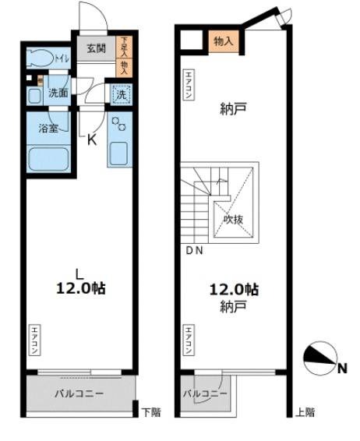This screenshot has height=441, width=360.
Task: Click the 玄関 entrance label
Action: tap(96, 48)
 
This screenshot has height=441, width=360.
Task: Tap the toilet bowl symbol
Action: tap(38, 56)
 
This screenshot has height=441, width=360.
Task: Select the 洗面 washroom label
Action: tap(57, 93)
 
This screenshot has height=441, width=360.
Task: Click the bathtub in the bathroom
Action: tap(48, 159)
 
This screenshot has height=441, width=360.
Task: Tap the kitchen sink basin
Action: tap(121, 152)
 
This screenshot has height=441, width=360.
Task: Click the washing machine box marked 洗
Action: tap(122, 94)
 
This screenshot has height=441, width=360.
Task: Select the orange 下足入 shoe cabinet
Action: tap(121, 49)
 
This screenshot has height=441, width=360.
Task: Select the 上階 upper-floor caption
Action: tap(305, 411)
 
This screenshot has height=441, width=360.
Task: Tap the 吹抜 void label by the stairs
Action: tap(234, 220)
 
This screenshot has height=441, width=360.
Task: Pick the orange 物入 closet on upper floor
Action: tap(223, 41)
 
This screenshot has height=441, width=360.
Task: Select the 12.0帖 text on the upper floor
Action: tap(233, 289)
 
